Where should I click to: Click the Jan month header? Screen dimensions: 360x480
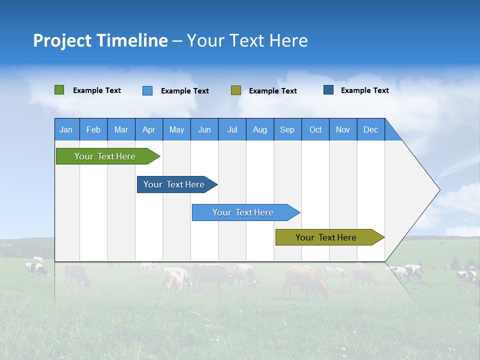point(66,129)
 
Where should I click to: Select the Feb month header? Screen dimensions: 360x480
point(93,129)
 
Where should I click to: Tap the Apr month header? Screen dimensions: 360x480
point(148,129)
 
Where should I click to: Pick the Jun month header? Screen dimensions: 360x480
point(204,129)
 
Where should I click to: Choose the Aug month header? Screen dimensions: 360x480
point(259,129)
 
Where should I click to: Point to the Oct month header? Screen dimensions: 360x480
point(315,129)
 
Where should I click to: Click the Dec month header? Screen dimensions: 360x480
point(370,129)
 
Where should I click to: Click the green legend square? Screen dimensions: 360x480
point(59,90)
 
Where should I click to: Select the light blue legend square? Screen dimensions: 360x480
point(147,90)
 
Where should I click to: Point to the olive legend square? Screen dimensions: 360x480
point(236,90)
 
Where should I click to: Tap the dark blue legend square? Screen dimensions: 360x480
point(328,90)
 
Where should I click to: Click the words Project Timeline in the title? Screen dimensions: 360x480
point(100,40)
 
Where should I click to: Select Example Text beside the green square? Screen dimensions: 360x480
point(97,90)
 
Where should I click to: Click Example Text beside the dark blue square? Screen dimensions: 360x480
point(365,90)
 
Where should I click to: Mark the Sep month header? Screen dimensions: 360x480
point(287,129)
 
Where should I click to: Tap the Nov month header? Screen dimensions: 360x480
point(343,129)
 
